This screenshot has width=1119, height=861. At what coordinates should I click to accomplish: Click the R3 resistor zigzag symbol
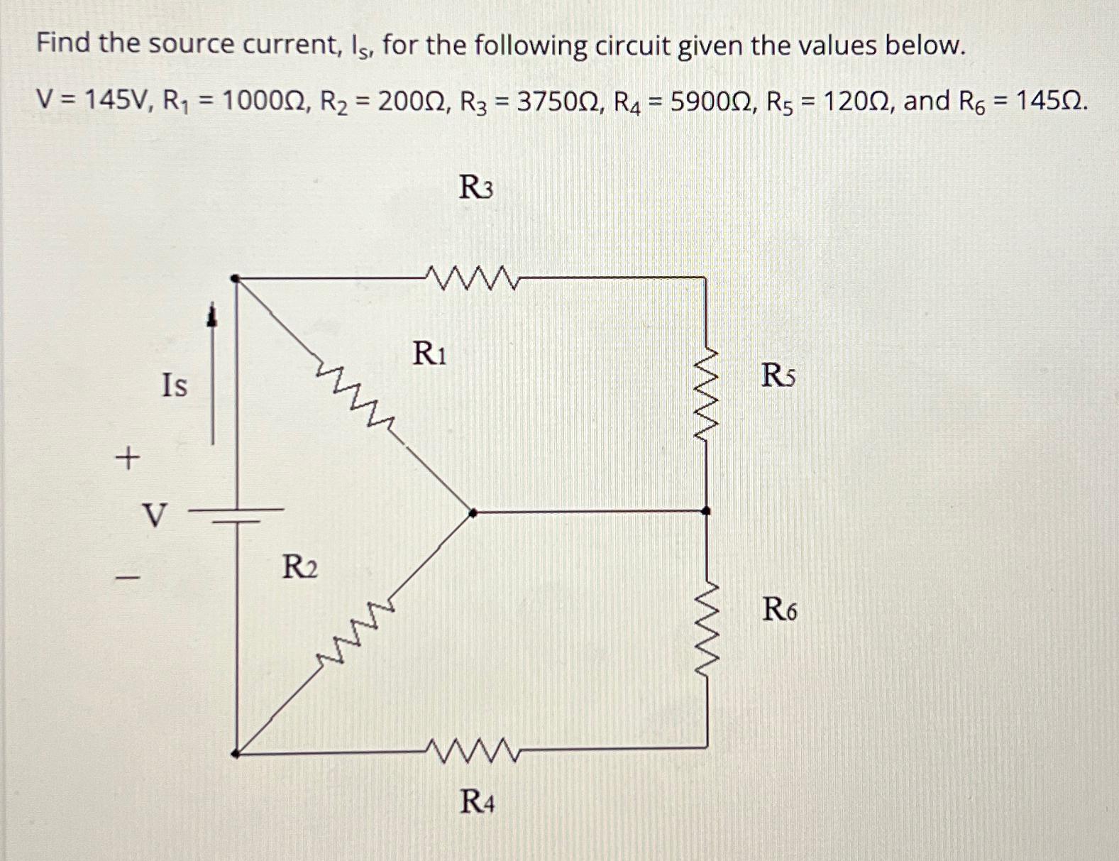pos(474,278)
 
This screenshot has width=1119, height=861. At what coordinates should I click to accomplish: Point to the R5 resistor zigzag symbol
pos(705,394)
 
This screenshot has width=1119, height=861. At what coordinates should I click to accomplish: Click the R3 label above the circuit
pos(476,188)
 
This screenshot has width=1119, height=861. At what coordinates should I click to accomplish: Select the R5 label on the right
pos(778,375)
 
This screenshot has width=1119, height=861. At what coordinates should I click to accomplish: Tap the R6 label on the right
pos(779,609)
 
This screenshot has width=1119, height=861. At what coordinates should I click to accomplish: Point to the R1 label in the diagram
pos(429,353)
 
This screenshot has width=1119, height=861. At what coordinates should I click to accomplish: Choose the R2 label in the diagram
pos(300,567)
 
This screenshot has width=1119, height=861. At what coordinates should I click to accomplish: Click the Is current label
pos(175,385)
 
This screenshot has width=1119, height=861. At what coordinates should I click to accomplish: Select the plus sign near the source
pos(127,459)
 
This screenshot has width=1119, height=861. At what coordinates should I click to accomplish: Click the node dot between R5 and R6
pos(705,510)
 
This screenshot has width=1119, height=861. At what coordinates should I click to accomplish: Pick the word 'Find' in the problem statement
pos(64,44)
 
